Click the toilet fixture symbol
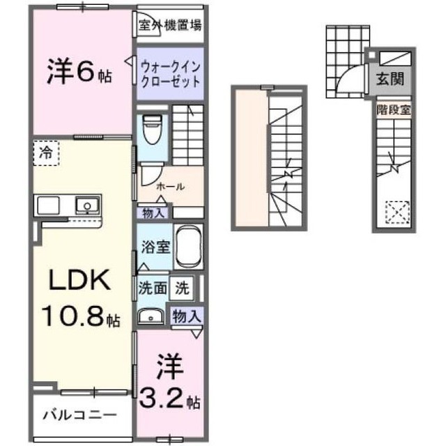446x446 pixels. (x=153, y=130)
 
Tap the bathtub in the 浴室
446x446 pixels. (x=188, y=246)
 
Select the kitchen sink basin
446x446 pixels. (x=87, y=205)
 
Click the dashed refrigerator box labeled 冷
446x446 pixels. (x=46, y=153)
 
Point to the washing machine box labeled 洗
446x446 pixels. (x=182, y=288)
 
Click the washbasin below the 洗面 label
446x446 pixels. (x=151, y=316)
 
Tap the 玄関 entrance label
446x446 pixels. (x=390, y=79)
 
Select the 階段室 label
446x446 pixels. (x=394, y=110)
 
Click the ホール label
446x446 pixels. (x=171, y=187)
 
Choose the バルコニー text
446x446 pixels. (x=80, y=415)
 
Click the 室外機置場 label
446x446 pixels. (x=170, y=25)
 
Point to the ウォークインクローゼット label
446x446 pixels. (x=171, y=75)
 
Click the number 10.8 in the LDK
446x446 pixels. (x=72, y=316)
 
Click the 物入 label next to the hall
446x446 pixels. (x=153, y=213)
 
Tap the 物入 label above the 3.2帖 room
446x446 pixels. (x=187, y=316)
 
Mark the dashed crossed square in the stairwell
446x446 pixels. (x=397, y=213)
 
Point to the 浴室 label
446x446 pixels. (x=156, y=247)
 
